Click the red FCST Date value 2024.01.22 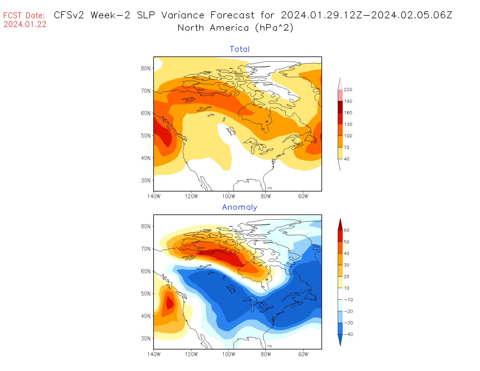pyautogui.click(x=25, y=24)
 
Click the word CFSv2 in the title pyautogui.click(x=69, y=15)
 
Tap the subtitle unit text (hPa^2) pyautogui.click(x=274, y=28)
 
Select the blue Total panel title pyautogui.click(x=240, y=49)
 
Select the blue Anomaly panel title pyautogui.click(x=240, y=207)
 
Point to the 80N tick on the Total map pyautogui.click(x=146, y=69)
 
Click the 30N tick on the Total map pyautogui.click(x=146, y=180)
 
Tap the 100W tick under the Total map pyautogui.click(x=228, y=196)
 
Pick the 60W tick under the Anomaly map pyautogui.click(x=303, y=354)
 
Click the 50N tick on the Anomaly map pyautogui.click(x=146, y=294)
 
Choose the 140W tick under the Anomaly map pyautogui.click(x=154, y=354)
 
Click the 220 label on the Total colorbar pyautogui.click(x=348, y=90)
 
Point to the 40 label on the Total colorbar pyautogui.click(x=346, y=159)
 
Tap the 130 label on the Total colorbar pyautogui.click(x=348, y=124)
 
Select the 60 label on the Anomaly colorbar pyautogui.click(x=346, y=230)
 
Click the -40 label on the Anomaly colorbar pyautogui.click(x=348, y=334)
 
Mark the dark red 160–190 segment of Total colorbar pyautogui.click(x=340, y=107)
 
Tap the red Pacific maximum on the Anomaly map pyautogui.click(x=170, y=304)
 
